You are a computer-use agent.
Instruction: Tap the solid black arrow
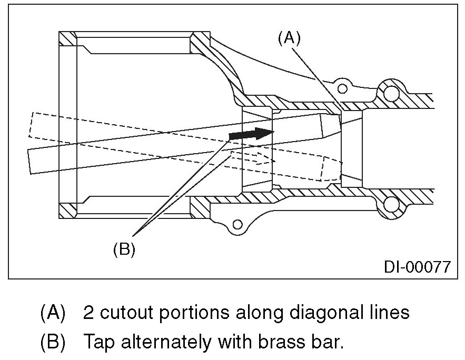click(x=248, y=134)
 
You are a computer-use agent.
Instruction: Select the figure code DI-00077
click(x=417, y=266)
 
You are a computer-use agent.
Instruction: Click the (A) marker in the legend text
click(x=53, y=313)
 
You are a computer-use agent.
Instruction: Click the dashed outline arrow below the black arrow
click(x=253, y=157)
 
